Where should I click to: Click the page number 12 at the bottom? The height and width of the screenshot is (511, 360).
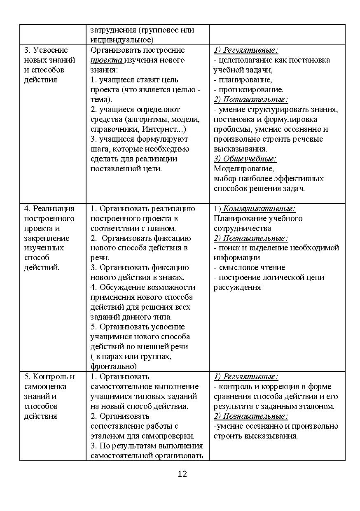[x=182, y=474]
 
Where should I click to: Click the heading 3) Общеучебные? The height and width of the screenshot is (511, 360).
[x=245, y=159]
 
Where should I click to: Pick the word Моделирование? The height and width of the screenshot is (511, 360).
[x=243, y=169]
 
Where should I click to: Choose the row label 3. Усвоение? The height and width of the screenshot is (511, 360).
[x=46, y=50]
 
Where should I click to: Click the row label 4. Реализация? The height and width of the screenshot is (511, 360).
[x=49, y=209]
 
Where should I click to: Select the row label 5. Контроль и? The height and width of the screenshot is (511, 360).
[x=49, y=377]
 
